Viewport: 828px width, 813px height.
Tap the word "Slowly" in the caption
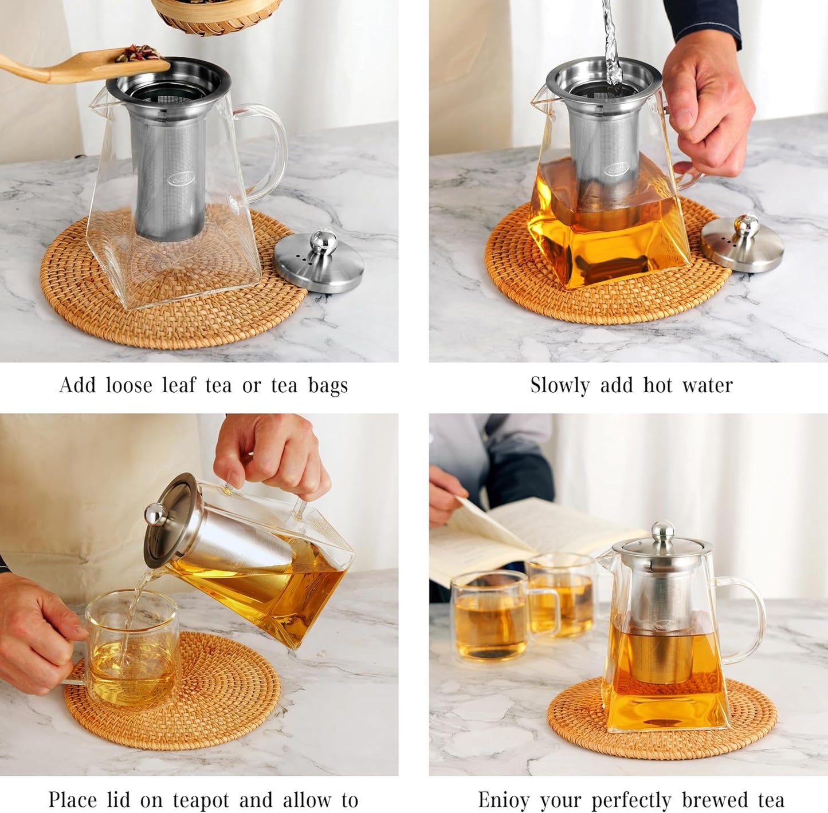560,385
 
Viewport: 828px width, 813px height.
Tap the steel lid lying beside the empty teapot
319,261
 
